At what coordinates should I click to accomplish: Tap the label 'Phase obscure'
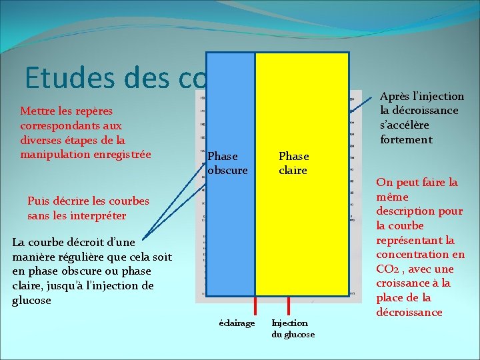point(227,163)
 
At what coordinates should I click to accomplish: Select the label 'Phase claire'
point(293,163)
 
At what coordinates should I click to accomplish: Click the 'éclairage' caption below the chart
point(237,323)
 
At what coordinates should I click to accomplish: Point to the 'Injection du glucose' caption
point(293,329)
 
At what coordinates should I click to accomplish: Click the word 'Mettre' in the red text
point(38,110)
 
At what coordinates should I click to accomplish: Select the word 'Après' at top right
point(395,97)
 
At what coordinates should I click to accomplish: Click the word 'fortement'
point(406,139)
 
